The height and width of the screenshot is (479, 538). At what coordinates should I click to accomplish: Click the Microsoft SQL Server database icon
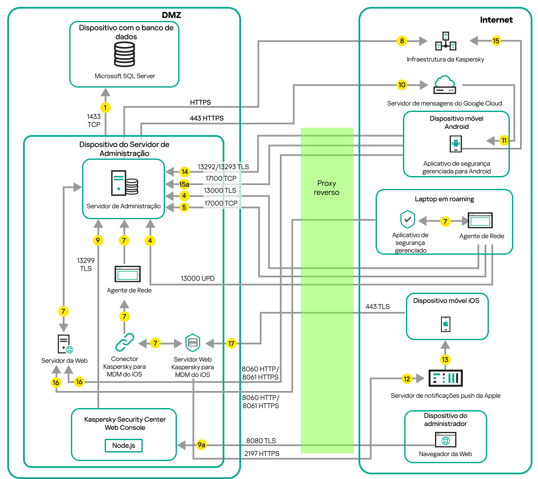click(124, 55)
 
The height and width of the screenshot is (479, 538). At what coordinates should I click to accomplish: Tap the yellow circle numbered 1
click(106, 108)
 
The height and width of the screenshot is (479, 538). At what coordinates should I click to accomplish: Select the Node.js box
click(123, 446)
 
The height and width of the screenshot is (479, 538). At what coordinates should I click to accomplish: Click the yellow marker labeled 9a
click(201, 445)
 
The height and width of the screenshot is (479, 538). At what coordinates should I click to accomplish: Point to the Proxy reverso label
click(326, 188)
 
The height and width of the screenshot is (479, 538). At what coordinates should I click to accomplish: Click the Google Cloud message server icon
click(445, 85)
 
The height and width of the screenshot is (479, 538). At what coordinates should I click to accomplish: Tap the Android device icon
click(456, 144)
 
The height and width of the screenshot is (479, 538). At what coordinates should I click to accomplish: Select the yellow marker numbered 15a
click(184, 184)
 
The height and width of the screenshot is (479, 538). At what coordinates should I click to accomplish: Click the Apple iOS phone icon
click(446, 324)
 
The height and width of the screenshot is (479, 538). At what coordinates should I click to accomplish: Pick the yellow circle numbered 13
click(445, 359)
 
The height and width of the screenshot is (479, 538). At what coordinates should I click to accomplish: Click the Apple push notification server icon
click(445, 378)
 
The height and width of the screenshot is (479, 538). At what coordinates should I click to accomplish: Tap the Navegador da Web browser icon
click(446, 440)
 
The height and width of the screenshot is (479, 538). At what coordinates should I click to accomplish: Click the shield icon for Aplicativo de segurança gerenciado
click(408, 220)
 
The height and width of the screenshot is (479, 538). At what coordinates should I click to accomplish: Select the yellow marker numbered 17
click(231, 344)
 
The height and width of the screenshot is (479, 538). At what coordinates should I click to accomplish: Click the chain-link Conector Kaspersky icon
click(124, 343)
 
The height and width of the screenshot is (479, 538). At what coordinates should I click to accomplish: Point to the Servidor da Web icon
click(65, 344)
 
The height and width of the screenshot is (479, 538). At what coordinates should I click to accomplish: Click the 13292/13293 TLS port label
click(223, 167)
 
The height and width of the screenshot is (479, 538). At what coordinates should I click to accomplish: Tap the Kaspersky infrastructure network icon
click(446, 41)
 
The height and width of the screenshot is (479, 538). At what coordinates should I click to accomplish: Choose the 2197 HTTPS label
click(262, 454)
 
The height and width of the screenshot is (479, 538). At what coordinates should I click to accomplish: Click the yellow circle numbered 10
click(402, 85)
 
